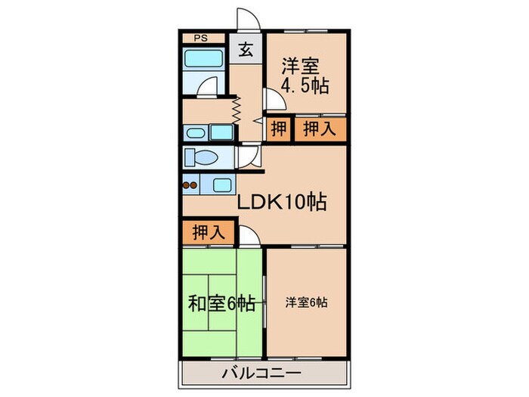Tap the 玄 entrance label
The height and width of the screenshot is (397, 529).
(246, 50)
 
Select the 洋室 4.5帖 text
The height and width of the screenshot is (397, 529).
(305, 76)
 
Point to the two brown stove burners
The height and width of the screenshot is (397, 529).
(190, 184)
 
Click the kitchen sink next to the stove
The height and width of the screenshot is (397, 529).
(222, 184)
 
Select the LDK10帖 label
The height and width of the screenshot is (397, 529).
(282, 203)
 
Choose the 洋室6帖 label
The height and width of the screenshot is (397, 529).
(306, 303)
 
